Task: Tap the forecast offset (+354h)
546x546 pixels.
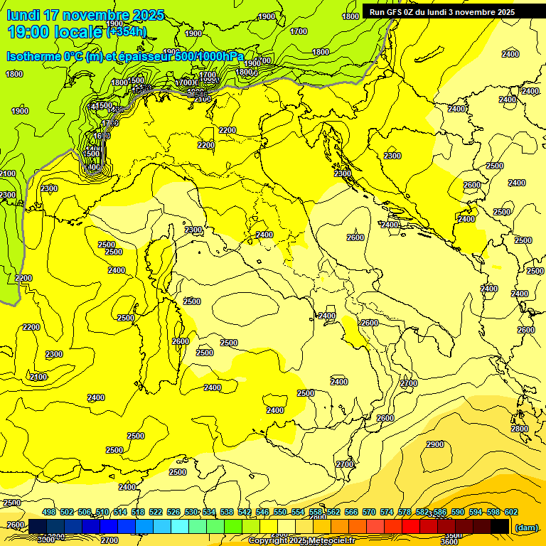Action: point(126,31)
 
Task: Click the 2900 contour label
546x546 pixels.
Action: point(435,444)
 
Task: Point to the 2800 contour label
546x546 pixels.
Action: point(519,429)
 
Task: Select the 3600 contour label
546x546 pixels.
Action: point(449,542)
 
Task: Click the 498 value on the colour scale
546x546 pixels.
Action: point(49,512)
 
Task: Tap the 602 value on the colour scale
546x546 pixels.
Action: point(511,512)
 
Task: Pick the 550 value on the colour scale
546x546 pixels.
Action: point(280,512)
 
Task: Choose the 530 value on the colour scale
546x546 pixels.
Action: point(191,512)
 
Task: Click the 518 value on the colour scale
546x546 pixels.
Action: point(138,512)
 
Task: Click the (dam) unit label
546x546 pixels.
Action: point(526,528)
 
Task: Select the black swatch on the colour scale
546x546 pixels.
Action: point(500,526)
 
